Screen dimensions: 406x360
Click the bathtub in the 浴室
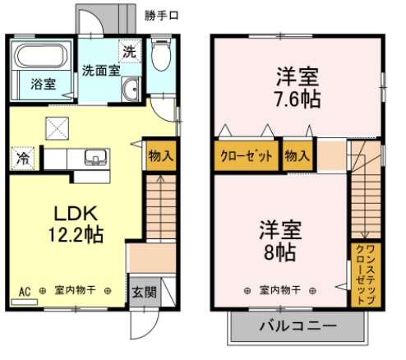point(41,56)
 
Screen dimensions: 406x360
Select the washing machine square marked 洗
point(130,51)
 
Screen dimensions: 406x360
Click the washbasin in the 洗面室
point(131,89)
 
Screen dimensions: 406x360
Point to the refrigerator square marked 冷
point(23,158)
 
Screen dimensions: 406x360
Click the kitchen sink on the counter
point(95,157)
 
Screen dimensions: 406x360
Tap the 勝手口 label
point(161,16)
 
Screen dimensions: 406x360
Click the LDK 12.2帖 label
point(76,224)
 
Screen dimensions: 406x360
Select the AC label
point(25,292)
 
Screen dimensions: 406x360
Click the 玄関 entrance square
point(145,292)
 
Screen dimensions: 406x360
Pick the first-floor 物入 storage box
point(161,155)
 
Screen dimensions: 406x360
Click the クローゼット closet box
point(247,156)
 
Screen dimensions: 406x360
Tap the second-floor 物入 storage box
point(298,155)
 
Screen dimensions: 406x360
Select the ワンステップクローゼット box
point(366,275)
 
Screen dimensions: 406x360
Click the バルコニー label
point(298,325)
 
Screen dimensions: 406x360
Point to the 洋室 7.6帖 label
point(298,87)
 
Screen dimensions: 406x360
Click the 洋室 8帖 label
point(280,240)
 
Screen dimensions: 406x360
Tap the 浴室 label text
point(44,84)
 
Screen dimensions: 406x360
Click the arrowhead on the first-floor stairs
point(160,178)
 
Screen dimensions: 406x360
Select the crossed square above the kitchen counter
point(58,128)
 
